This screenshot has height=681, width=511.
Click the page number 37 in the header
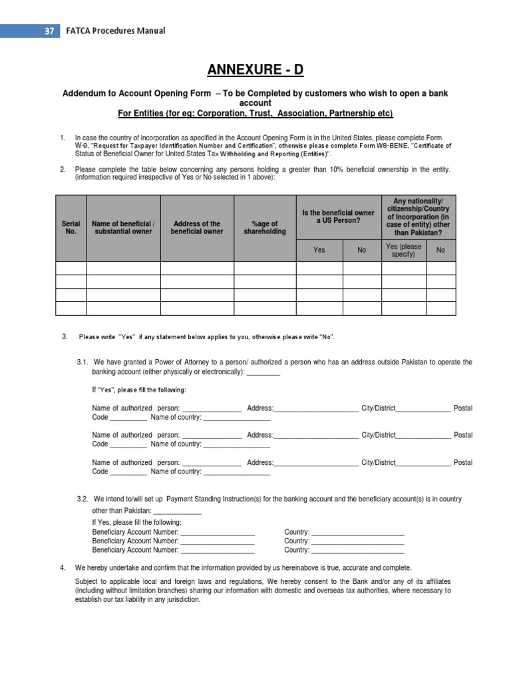[48, 31]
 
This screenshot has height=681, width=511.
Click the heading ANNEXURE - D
[255, 70]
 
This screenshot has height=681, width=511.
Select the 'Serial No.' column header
[71, 228]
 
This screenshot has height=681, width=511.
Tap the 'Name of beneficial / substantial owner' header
[123, 228]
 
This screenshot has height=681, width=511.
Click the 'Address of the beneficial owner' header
[196, 228]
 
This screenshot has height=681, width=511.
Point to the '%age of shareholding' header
[264, 228]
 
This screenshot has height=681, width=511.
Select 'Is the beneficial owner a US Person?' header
[338, 217]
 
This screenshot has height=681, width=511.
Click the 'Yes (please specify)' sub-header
[403, 250]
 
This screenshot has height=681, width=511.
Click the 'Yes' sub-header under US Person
[319, 250]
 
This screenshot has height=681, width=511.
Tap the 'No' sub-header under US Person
[361, 250]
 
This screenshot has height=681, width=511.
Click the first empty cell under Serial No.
[71, 268]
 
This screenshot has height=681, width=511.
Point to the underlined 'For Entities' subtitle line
[255, 114]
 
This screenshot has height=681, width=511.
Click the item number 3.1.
[83, 362]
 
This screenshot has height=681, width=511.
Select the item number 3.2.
[83, 499]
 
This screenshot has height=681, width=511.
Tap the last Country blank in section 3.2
[357, 550]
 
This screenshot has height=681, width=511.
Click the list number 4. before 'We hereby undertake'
[63, 567]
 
